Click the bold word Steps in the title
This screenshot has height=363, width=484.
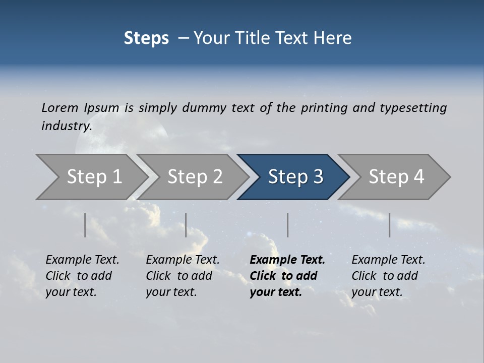(146, 38)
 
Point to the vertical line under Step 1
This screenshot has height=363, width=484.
(85, 225)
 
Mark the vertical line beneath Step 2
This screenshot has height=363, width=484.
(186, 225)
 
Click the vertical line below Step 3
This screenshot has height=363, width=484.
(287, 225)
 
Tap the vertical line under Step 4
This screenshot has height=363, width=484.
(390, 225)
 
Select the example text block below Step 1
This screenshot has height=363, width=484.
(82, 276)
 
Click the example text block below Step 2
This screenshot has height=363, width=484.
(183, 276)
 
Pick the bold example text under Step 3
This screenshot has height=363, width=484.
(287, 276)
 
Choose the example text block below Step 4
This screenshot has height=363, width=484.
(388, 276)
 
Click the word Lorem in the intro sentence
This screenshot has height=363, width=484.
(60, 108)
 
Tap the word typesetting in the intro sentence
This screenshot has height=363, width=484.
(413, 108)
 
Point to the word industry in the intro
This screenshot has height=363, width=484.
(67, 126)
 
